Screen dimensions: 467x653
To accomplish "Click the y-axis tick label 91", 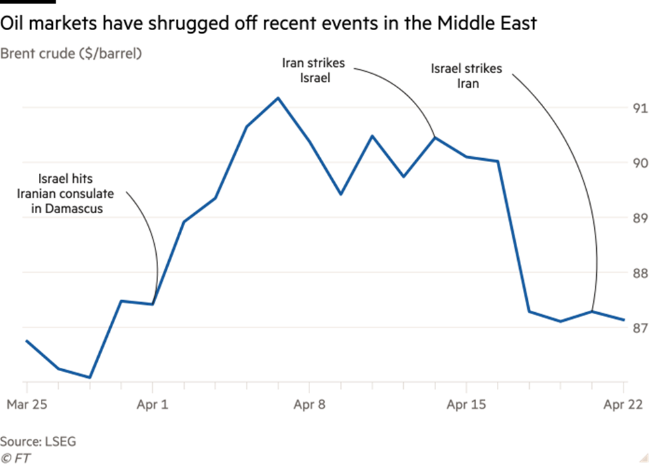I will (640, 108).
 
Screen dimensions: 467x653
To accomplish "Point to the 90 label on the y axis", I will (640, 163).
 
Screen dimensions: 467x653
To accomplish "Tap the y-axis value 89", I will (640, 218).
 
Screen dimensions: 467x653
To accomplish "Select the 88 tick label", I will (640, 273).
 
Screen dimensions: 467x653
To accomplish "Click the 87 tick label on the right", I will (640, 328).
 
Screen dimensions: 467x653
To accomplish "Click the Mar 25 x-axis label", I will (26, 404).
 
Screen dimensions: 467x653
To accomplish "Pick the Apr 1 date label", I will (153, 404).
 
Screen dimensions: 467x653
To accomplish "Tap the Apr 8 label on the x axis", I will (309, 404).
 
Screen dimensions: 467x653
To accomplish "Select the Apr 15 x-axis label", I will (465, 404).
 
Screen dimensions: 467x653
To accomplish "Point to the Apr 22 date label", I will (623, 404).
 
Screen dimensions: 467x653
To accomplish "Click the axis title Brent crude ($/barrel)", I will (71, 54).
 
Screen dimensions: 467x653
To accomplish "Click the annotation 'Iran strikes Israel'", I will (313, 70).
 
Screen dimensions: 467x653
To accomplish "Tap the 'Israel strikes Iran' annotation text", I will (467, 76).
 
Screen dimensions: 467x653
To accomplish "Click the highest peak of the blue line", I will (278, 98).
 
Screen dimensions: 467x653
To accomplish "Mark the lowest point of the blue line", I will (90, 378).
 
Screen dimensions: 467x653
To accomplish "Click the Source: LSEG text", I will (38, 442).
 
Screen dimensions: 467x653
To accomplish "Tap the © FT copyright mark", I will (16, 458).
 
